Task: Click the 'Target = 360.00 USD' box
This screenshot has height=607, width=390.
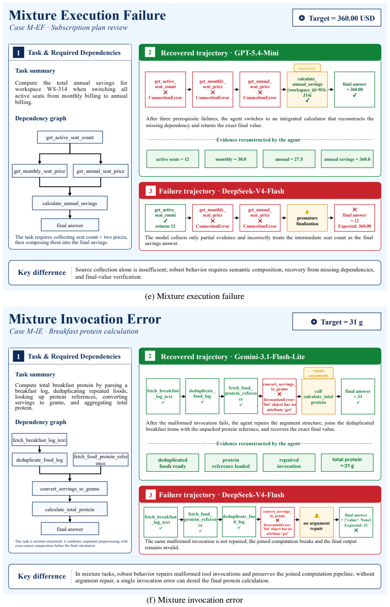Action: pos(336,18)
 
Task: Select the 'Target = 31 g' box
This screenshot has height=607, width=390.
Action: pos(336,322)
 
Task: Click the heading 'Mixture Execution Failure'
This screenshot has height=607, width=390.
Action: pos(87,15)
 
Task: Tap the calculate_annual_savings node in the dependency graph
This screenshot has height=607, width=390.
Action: pos(70,203)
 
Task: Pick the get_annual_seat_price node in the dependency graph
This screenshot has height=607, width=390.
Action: pos(101,171)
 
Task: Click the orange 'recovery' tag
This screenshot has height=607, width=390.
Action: pos(307,68)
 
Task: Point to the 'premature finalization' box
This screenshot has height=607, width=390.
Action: pos(307,218)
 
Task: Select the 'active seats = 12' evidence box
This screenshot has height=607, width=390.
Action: pos(173,159)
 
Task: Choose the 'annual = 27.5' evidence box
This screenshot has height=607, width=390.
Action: pos(289,159)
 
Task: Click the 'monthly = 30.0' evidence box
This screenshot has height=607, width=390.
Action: pos(231,159)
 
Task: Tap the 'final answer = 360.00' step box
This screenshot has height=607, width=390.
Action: pos(354,90)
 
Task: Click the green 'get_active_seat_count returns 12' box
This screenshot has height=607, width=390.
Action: pos(165,218)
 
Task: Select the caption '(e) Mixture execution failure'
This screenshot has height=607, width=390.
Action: pos(195,296)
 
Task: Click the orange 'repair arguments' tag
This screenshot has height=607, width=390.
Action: pos(318,373)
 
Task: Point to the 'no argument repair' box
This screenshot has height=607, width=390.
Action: pos(316,522)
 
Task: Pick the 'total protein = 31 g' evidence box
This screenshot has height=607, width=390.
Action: pos(347,463)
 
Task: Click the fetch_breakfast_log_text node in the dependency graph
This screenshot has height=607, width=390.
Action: pos(40,440)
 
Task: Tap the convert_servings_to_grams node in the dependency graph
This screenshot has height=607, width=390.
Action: pos(70,489)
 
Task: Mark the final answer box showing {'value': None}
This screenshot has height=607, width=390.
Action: pos(356,522)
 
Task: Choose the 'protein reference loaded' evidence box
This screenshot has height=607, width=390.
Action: pos(231,463)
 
